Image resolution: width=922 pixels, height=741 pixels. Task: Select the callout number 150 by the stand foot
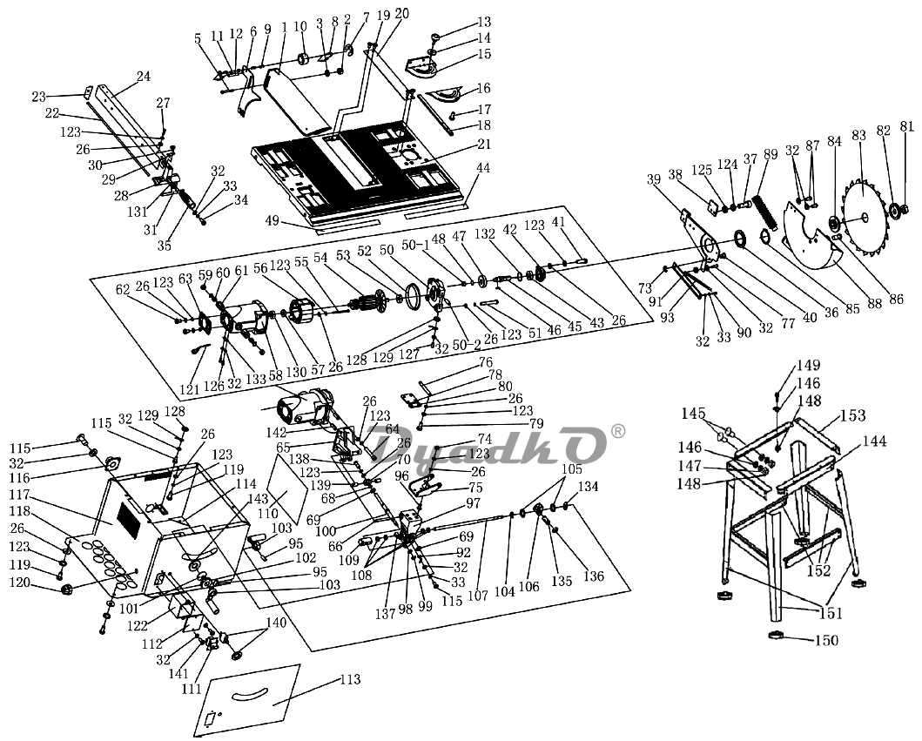pos(827,640)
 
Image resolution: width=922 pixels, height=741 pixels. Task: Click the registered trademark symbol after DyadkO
pos(618,431)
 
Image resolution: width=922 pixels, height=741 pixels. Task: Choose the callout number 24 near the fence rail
pos(144,76)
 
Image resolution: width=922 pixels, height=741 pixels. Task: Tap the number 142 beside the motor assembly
pos(275,433)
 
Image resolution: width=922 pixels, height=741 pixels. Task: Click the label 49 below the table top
pos(272,220)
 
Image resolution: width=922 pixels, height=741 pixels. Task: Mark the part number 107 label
pos(477,596)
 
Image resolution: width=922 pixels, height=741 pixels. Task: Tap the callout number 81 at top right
pos(907,126)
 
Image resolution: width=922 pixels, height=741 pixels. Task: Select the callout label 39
pos(654,179)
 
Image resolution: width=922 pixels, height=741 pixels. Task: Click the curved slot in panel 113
pos(249,695)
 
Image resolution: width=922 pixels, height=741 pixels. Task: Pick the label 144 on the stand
pos(874,441)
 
